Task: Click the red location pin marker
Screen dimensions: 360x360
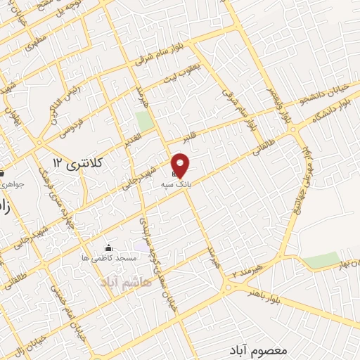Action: [181, 165]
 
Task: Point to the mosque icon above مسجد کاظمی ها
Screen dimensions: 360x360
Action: [108, 247]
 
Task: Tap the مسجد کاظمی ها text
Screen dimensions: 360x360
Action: [108, 259]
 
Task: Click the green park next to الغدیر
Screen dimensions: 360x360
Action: [145, 120]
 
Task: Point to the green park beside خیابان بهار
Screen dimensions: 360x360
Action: [322, 261]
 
